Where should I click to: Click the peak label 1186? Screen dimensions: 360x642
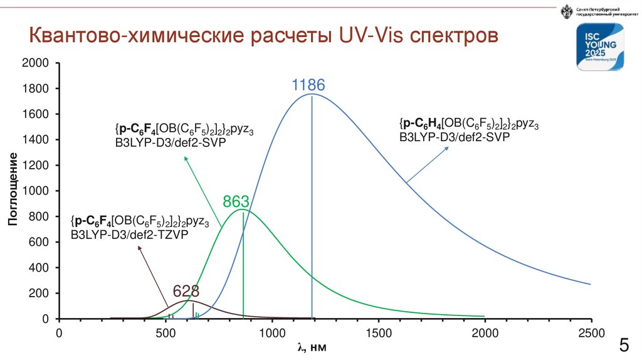(x=308, y=86)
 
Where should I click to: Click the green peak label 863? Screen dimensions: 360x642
(x=236, y=202)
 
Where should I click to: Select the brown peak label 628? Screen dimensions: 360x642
(x=186, y=292)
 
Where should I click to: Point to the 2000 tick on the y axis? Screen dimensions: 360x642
(x=35, y=63)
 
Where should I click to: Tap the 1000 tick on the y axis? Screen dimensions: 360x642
(x=35, y=191)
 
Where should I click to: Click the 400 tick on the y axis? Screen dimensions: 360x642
(x=38, y=268)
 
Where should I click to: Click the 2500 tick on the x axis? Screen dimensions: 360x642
(x=590, y=332)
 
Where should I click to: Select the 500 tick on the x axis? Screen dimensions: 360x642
(x=166, y=332)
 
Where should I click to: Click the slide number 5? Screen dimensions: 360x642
(x=624, y=346)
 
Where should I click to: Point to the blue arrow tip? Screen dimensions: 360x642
(x=449, y=148)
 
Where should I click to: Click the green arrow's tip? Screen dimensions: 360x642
(x=184, y=156)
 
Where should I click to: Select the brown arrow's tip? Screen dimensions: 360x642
(x=139, y=247)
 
